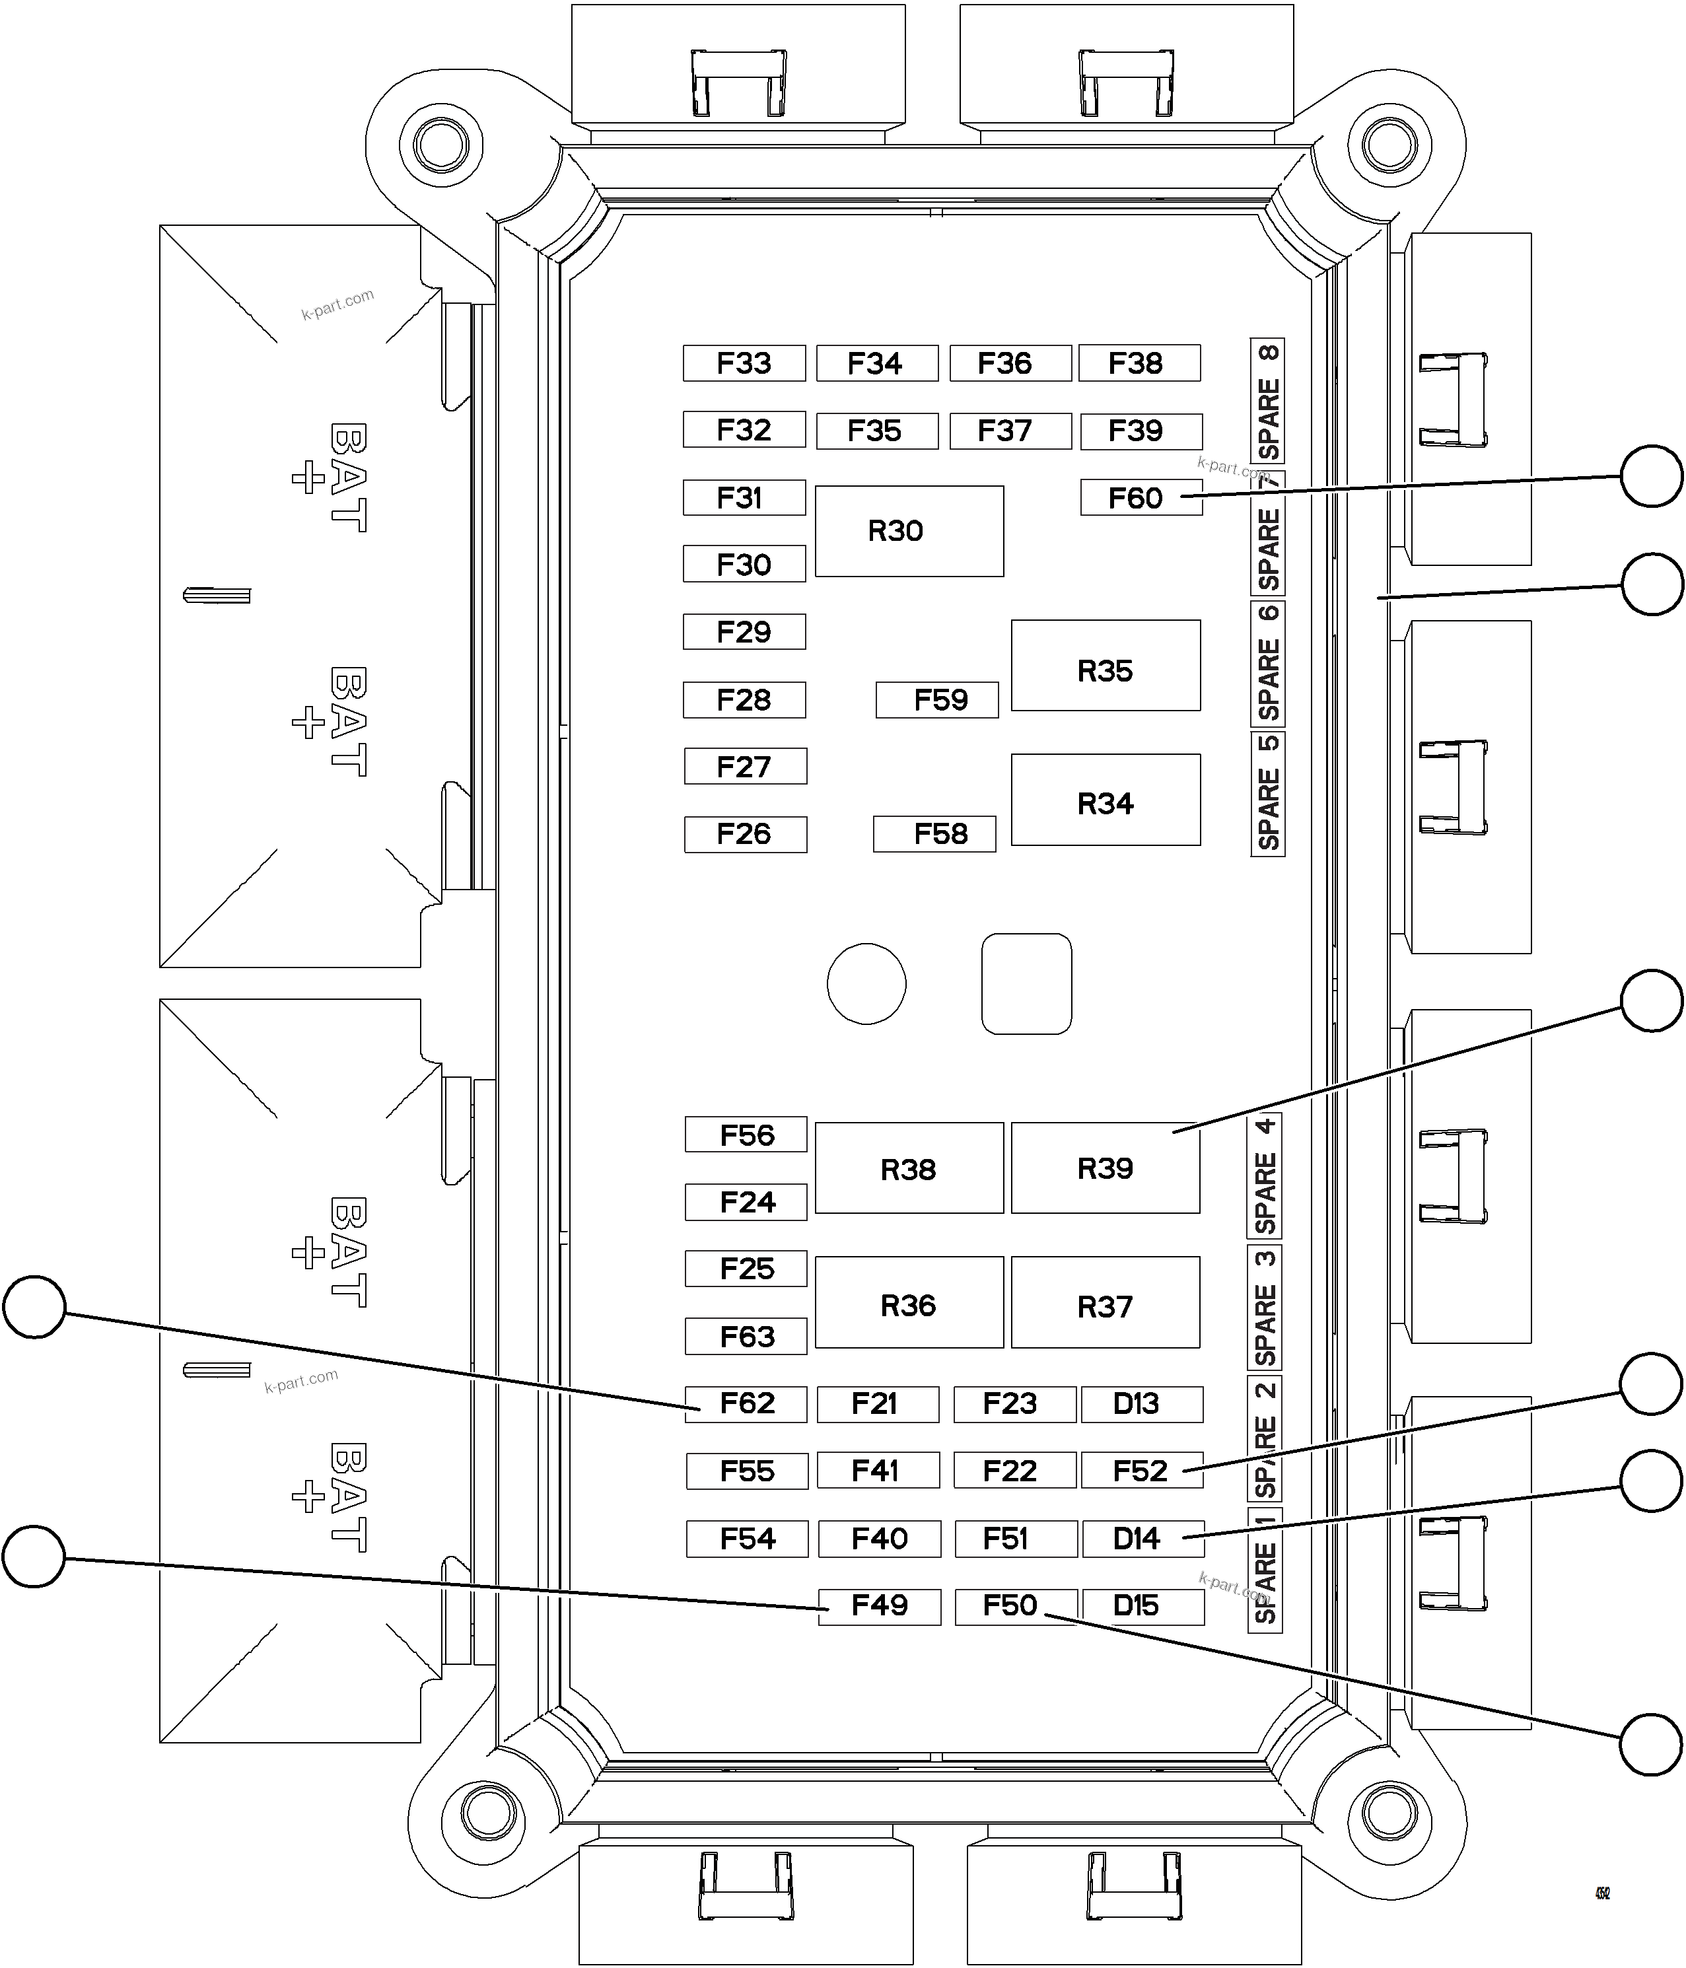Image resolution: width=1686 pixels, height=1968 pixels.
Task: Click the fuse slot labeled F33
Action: (x=744, y=363)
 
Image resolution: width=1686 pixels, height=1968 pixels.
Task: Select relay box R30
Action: (x=909, y=531)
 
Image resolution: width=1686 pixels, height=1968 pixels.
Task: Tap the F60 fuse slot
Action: (x=1140, y=498)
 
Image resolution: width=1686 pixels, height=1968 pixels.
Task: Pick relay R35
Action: (x=1105, y=665)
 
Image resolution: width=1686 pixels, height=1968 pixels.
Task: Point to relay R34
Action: (x=1105, y=800)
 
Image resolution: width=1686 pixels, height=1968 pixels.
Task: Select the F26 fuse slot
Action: (x=745, y=834)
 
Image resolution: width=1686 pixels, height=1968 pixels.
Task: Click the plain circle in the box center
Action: (x=866, y=983)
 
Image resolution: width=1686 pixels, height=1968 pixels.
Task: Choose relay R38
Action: (x=909, y=1168)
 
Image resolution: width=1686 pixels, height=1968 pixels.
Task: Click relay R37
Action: (x=1105, y=1302)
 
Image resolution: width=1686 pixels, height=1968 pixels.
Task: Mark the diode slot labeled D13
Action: (x=1142, y=1404)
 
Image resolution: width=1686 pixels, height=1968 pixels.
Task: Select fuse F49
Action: (x=880, y=1606)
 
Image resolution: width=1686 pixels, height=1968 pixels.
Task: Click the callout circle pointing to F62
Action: (x=34, y=1307)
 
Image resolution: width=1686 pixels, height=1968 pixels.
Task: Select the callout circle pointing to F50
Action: (x=1651, y=1744)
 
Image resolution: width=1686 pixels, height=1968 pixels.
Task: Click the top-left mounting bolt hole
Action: (x=440, y=145)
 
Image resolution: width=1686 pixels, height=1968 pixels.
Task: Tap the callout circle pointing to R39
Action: (x=1651, y=1000)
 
